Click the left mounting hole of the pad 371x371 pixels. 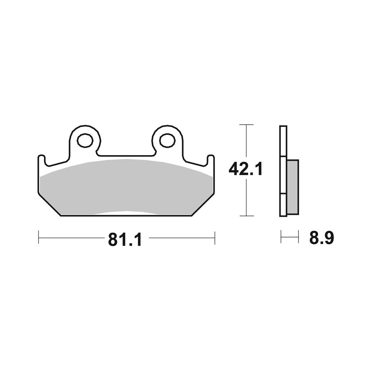pos(85,140)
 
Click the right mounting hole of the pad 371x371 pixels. pos(167,140)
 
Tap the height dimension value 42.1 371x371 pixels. pos(246,169)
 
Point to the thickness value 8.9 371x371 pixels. pos(322,238)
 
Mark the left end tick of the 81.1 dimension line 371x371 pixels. pos(39,238)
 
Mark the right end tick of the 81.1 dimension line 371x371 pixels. pos(215,238)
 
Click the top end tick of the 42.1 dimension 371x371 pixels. pos(246,125)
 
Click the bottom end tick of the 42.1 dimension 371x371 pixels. pos(246,216)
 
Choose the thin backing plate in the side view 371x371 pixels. pos(283,171)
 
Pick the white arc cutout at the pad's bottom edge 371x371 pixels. pos(126,213)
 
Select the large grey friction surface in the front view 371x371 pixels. pos(126,185)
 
